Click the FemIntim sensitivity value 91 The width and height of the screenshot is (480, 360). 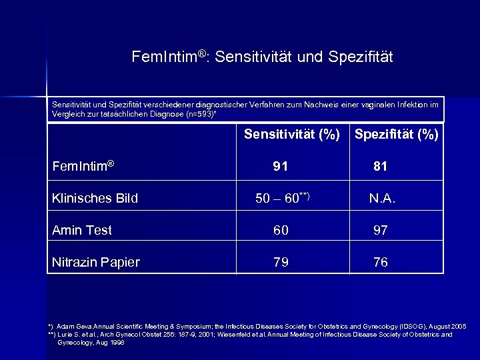click(281, 167)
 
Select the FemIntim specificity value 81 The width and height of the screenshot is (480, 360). click(381, 167)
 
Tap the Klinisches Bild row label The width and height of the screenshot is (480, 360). click(95, 198)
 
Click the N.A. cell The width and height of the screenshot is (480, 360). click(383, 198)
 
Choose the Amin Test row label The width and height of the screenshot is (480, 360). click(82, 231)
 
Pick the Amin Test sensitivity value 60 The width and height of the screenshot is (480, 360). click(281, 231)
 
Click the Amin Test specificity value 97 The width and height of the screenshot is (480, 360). click(381, 231)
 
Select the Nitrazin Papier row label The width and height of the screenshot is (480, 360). click(96, 263)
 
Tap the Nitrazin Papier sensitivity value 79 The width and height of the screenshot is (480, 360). click(281, 263)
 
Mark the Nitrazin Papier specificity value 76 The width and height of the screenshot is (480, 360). click(381, 263)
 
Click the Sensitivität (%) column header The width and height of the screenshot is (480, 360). click(292, 135)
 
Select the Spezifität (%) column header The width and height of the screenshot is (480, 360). click(397, 135)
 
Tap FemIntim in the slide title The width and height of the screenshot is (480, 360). click(162, 57)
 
